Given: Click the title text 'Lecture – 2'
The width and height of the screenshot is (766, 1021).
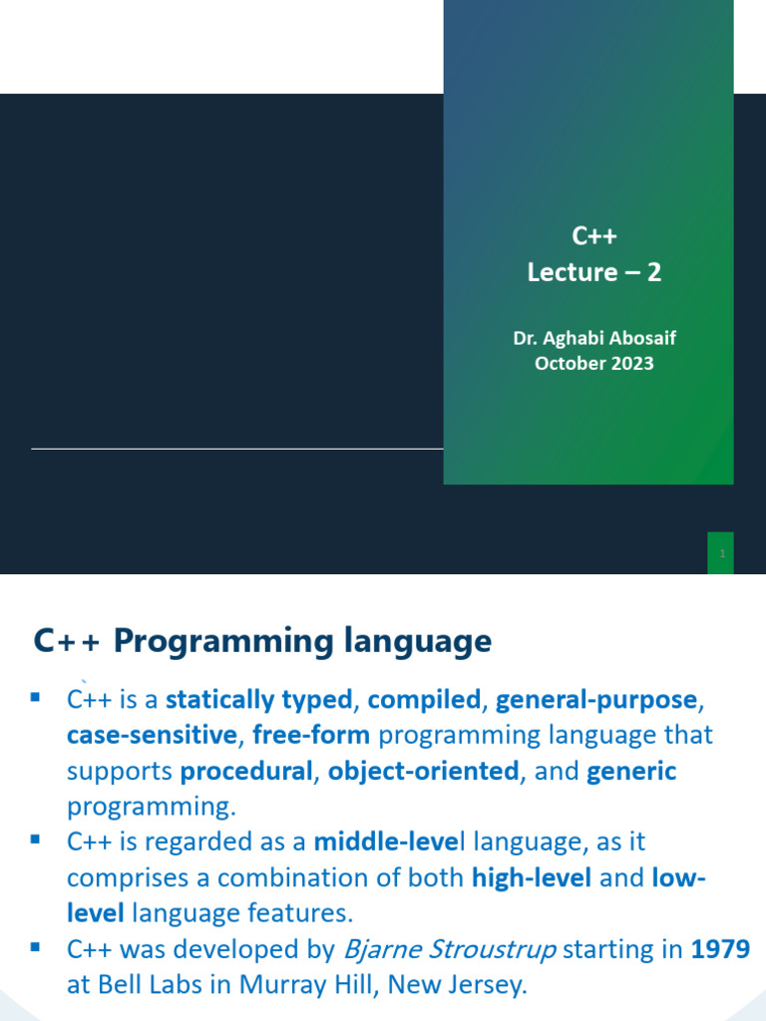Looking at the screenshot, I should coord(594,272).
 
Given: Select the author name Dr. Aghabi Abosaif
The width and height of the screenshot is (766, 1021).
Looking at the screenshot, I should coord(594,338).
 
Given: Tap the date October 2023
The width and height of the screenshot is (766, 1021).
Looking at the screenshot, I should coord(594,363).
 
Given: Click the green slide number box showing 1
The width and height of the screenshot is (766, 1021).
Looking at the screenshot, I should coord(720,553).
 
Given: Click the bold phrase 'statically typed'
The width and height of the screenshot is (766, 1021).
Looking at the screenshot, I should coord(258,700).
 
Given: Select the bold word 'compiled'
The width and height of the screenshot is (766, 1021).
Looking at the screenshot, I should coord(424,700).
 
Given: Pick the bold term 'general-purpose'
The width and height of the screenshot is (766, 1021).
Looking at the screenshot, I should coord(596,700).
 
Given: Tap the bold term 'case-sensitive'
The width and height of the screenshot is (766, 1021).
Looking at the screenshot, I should coord(153,736).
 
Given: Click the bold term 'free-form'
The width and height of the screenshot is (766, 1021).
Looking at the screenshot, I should coord(311,736).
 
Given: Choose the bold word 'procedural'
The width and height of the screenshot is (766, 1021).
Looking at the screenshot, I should coord(246,771).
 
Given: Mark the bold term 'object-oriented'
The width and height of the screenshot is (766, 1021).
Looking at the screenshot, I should coord(424,771).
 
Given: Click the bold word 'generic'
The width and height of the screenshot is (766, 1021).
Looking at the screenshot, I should coord(631,771).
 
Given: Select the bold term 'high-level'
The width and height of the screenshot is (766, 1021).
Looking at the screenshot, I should coord(532,877).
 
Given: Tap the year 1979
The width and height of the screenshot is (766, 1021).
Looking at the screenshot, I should coord(720,949).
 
